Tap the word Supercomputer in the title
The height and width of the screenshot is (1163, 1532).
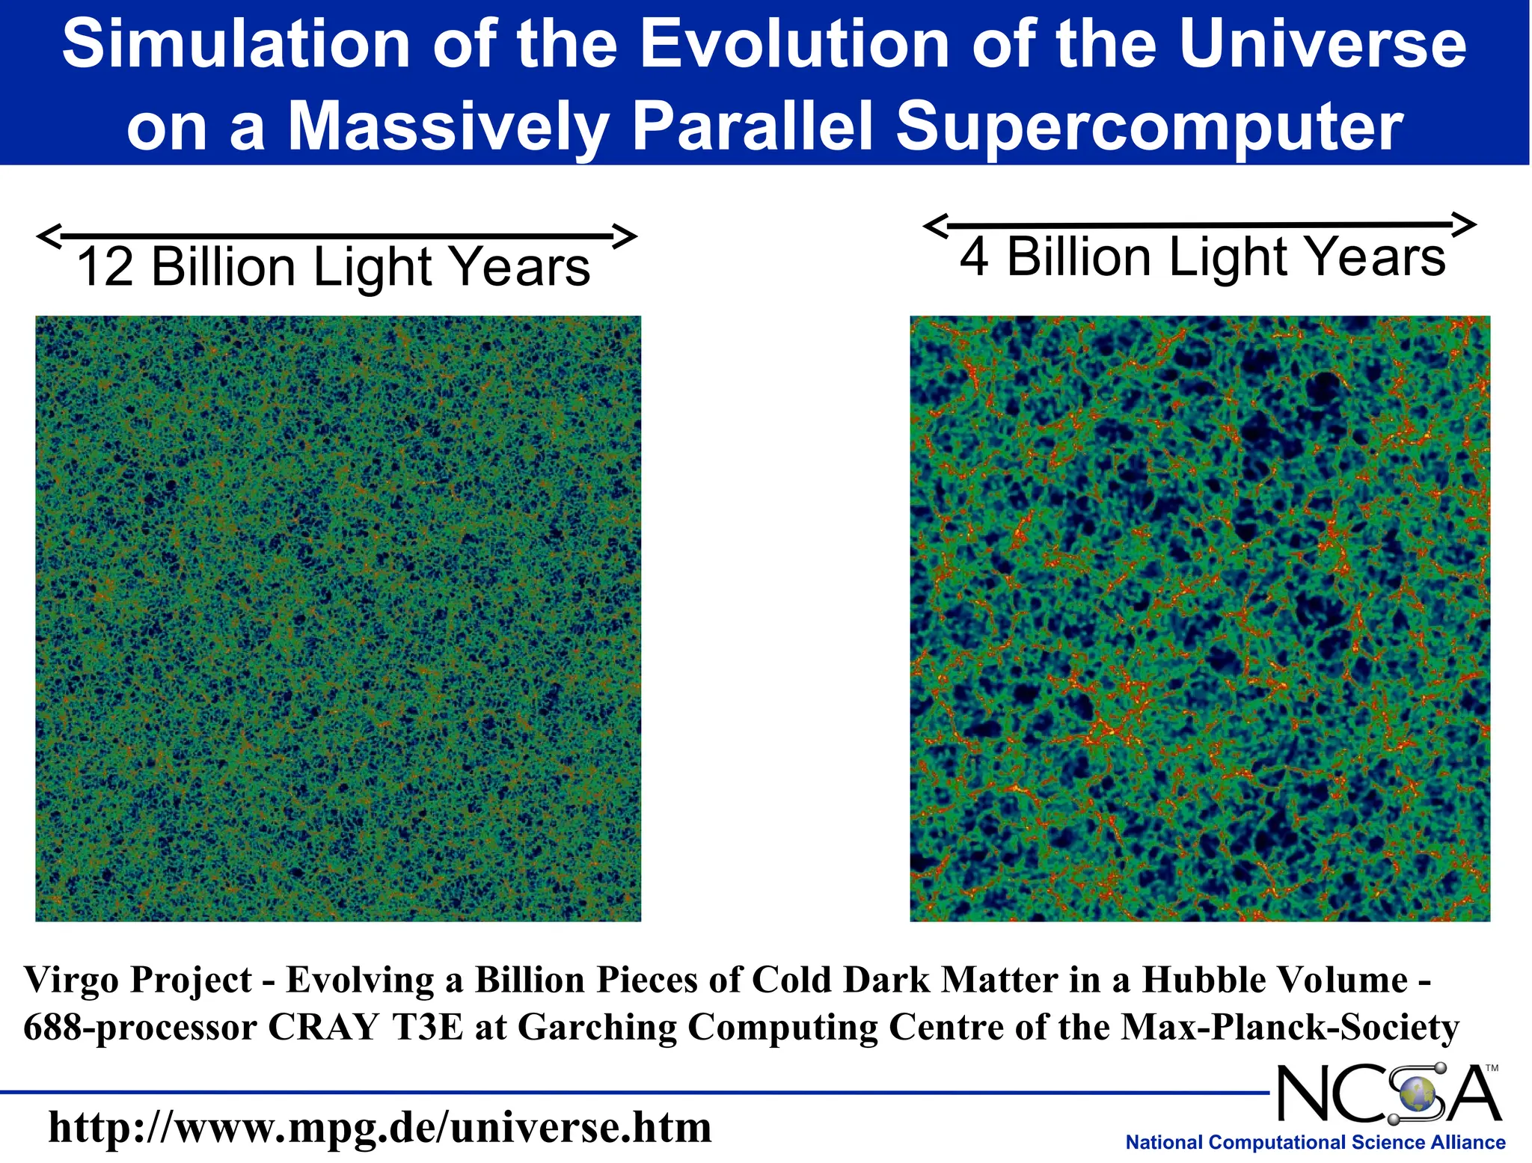(x=1150, y=127)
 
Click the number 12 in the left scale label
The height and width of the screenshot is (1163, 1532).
(x=105, y=267)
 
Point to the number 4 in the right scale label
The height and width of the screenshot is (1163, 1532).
(x=973, y=257)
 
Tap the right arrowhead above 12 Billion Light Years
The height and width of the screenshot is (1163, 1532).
(x=625, y=236)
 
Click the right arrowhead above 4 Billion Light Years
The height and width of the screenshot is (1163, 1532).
(x=1465, y=224)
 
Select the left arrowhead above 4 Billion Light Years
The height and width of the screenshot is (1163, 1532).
(x=936, y=224)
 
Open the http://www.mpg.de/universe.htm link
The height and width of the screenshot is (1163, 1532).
(x=379, y=1128)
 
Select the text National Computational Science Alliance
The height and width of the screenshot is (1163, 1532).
(x=1315, y=1143)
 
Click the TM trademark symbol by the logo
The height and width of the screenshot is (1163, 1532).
(x=1492, y=1068)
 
